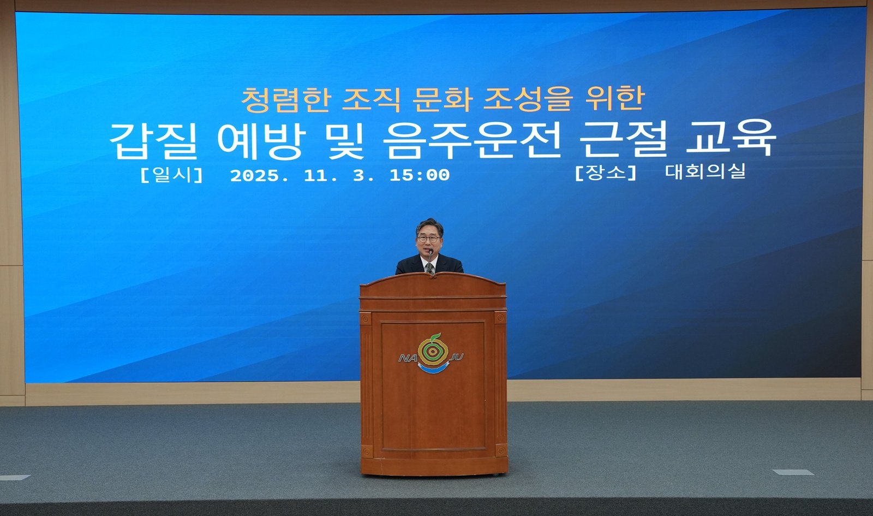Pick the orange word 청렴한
(286, 100)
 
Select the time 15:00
(420, 175)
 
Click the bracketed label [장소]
(606, 173)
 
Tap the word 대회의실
(705, 171)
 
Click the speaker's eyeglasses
(428, 238)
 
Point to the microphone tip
(430, 251)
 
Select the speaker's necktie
(429, 268)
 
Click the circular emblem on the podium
(433, 351)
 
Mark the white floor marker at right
(793, 472)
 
